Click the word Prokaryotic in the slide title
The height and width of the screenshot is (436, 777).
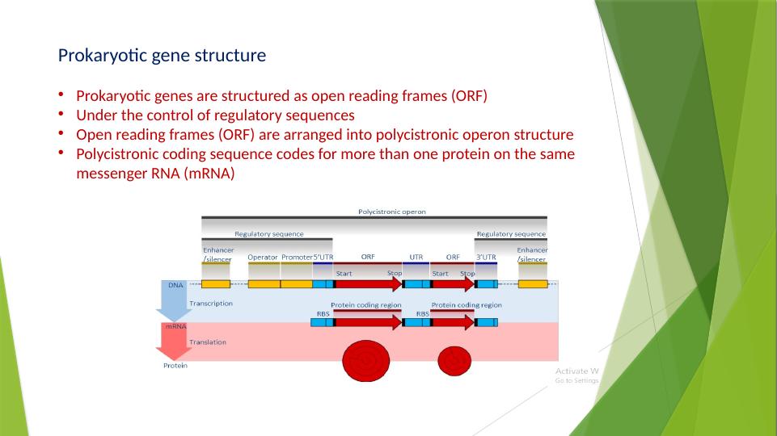[x=95, y=57]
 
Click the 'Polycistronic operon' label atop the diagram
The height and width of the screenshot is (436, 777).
[x=392, y=212]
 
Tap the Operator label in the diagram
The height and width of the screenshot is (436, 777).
[x=263, y=257]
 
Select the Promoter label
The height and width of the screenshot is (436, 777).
[x=297, y=257]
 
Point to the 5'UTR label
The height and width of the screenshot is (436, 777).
[x=323, y=257]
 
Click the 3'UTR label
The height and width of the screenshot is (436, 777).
[x=486, y=257]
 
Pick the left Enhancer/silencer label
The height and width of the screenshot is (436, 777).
[x=217, y=254]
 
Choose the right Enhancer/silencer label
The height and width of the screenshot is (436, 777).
[x=532, y=254]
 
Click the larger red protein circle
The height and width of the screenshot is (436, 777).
[x=368, y=360]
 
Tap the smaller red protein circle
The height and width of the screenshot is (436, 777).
[x=454, y=361]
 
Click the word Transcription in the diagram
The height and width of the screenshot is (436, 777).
[x=211, y=304]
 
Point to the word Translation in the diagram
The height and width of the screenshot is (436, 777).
[x=208, y=342]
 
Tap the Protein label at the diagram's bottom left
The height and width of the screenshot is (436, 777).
[x=175, y=366]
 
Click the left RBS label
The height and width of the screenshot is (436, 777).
[x=323, y=313]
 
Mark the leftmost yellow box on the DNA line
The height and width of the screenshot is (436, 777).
[x=215, y=284]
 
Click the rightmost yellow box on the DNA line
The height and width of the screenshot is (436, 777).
[x=532, y=284]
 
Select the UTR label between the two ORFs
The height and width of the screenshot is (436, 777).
[x=416, y=257]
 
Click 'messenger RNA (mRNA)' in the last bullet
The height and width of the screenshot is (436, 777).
[x=155, y=173]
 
